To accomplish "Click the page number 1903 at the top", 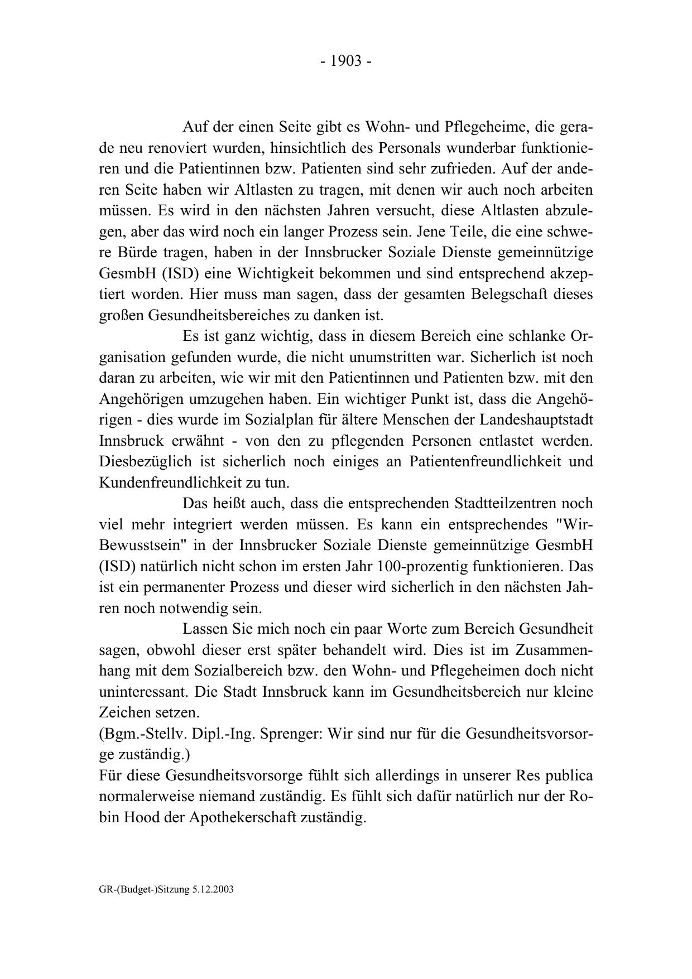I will [346, 61].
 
